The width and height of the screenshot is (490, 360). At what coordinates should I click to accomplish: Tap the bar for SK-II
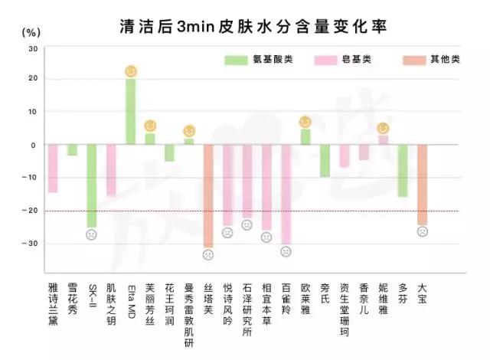coord(91,185)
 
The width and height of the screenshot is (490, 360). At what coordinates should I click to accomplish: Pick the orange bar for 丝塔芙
coord(208,195)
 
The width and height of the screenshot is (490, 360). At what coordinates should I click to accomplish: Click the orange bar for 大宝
coord(422,184)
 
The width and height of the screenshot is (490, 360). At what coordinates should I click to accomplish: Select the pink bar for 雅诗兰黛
coord(53,168)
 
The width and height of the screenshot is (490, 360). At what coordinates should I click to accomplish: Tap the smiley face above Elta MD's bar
coord(131,71)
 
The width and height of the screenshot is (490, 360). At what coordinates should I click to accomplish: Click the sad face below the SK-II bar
coord(91,234)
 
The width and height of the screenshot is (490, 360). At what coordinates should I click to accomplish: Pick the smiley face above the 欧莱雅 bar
coord(305,122)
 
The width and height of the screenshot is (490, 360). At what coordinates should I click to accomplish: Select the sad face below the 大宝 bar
coord(422,231)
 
